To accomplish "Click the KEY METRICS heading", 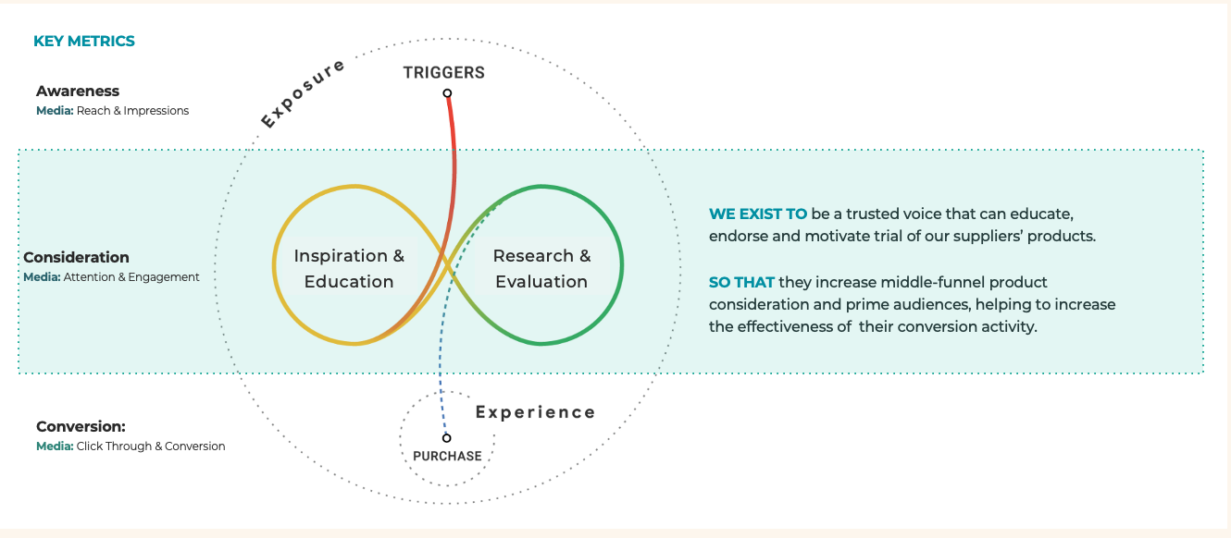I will click(x=84, y=42).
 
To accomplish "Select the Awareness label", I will click(x=78, y=92).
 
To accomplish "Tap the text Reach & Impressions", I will click(x=132, y=111).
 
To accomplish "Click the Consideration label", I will click(x=76, y=258).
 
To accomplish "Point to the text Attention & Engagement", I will click(x=131, y=277).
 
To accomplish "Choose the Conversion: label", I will click(x=81, y=427).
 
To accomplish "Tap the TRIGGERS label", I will click(x=444, y=73).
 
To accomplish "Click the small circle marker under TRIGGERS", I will click(x=447, y=93).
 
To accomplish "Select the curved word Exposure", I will click(x=302, y=93).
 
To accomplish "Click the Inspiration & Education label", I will click(x=349, y=269).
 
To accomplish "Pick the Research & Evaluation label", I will click(x=541, y=269).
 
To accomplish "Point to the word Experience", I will click(x=535, y=412).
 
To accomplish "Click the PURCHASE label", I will click(x=447, y=456).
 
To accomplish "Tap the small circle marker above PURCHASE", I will click(x=446, y=438).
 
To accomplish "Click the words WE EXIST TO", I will click(x=758, y=214).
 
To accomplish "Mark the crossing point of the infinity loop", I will click(x=450, y=265).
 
